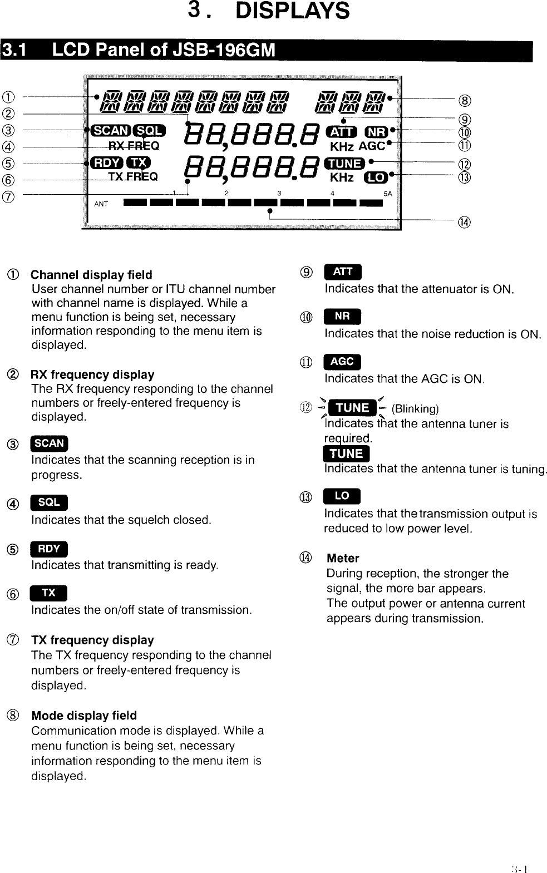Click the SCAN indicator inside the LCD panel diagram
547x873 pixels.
coord(110,130)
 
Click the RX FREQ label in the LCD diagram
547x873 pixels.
coord(134,146)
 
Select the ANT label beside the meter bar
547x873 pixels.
coord(101,204)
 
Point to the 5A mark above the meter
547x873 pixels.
coord(388,194)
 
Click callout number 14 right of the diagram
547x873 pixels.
coord(464,223)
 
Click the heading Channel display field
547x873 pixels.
coord(91,275)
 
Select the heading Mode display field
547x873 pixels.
coord(84,716)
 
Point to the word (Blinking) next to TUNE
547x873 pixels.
coord(415,409)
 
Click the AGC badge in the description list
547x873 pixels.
coord(342,362)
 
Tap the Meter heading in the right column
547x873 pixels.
coord(343,558)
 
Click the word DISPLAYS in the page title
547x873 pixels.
coord(293,11)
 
